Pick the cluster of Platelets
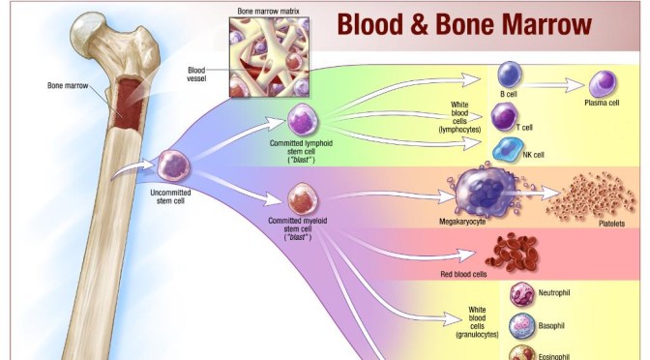click(584, 196)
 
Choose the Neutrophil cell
click(521, 293)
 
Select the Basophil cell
click(521, 325)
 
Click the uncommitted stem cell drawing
click(173, 166)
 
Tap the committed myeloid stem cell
click(299, 200)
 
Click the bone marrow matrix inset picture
click(263, 55)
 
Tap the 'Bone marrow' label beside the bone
click(67, 86)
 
